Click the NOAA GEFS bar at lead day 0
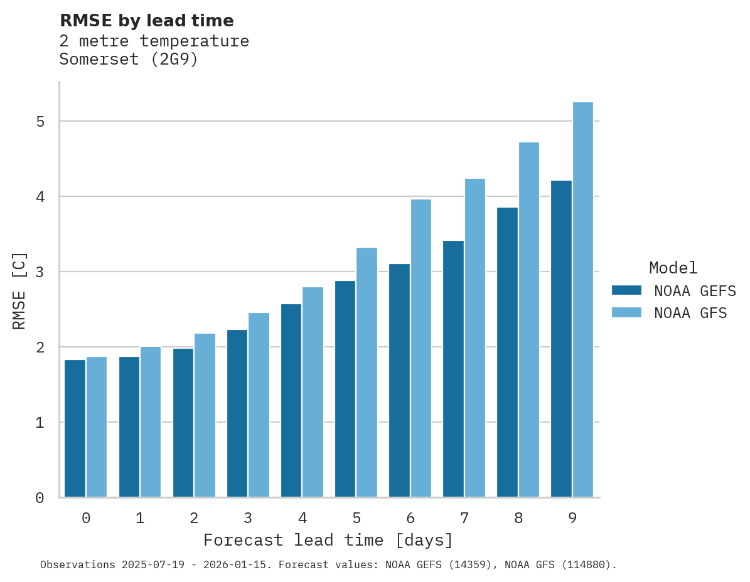pos(75,428)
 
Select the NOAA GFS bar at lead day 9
pos(583,300)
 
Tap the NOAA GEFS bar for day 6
pos(399,381)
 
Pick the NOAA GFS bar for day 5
pos(367,373)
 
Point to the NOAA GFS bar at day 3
pos(259,405)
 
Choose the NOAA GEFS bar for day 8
pos(507,352)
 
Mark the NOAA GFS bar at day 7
pos(475,338)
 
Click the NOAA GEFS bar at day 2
pos(183,423)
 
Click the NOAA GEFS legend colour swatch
pos(626,290)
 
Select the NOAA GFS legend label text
pos(690,313)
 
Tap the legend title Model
pos(673,268)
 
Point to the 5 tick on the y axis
pos(40,121)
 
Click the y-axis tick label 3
pos(40,272)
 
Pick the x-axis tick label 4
pos(302,519)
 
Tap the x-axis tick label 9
pos(572,519)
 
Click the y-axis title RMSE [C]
pos(19,290)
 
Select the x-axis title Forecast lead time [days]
pos(328,541)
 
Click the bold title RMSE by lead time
pos(147,21)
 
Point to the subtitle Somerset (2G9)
pos(129,60)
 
